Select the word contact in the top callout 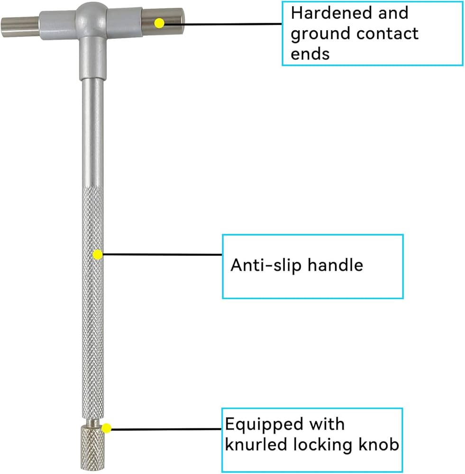click(387, 33)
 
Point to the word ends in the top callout click(310, 54)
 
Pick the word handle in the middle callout click(335, 265)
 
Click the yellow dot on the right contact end click(159, 23)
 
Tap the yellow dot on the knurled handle click(97, 255)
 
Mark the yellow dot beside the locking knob click(106, 428)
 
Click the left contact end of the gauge click(20, 27)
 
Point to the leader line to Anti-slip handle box click(163, 255)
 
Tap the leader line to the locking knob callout click(166, 429)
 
